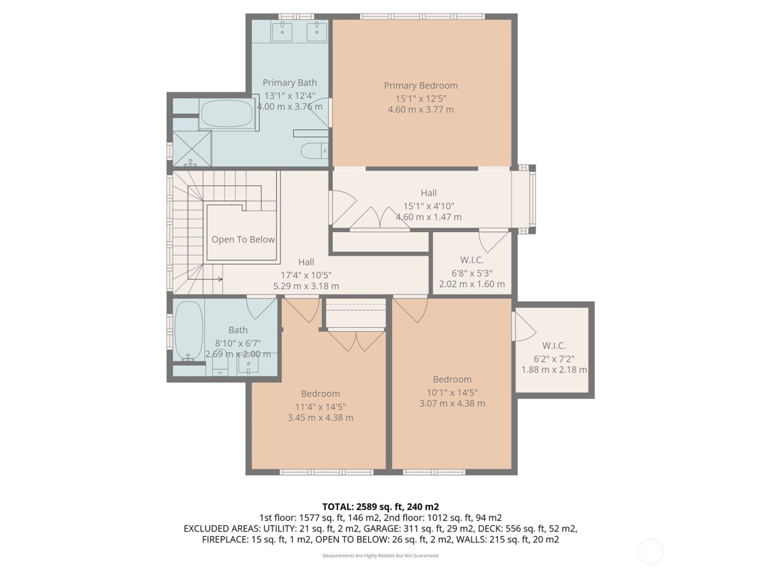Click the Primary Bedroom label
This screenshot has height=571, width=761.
pos(421,85)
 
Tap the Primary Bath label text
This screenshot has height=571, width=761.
pos(289,83)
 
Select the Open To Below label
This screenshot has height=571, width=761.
pos(243,239)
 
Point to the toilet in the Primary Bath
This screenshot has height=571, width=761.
pos(315,150)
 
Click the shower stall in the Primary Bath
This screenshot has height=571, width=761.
pos(191,148)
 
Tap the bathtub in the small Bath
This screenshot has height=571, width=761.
pos(189,331)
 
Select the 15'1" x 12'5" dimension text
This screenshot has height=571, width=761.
pos(421,98)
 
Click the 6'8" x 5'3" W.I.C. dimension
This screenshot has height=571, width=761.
pos(472,273)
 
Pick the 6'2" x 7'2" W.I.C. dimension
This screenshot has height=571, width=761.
pos(554,359)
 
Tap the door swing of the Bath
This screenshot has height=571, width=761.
pos(260,308)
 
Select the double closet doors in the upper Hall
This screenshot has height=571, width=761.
pos(380,219)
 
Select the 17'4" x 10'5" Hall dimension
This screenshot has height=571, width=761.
pos(306,275)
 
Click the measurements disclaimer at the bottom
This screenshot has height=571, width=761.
pos(380,556)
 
